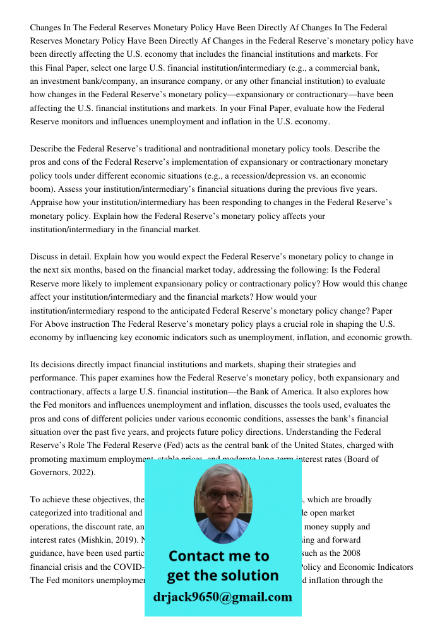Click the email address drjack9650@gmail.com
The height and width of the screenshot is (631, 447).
tap(222, 597)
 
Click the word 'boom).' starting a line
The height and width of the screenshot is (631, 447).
tap(43, 189)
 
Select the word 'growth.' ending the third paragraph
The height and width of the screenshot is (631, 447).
tap(396, 338)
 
